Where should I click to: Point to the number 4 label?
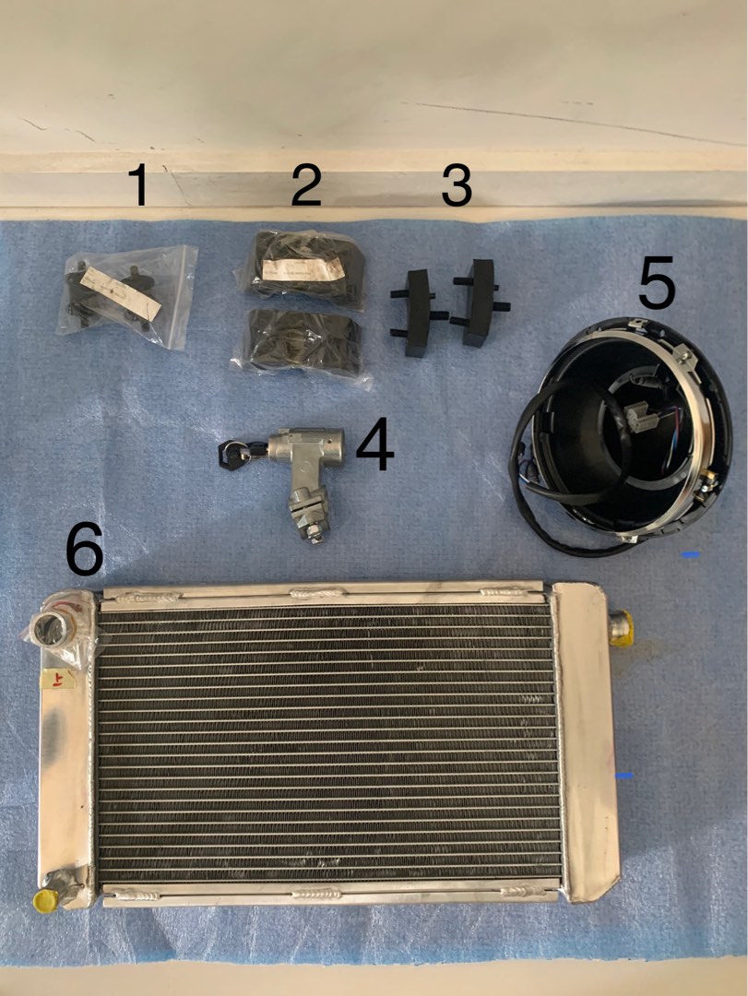(374, 445)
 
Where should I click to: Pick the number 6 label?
(85, 551)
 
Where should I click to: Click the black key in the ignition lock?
(228, 452)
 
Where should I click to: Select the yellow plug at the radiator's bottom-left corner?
(43, 899)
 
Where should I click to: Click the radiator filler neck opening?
(48, 631)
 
